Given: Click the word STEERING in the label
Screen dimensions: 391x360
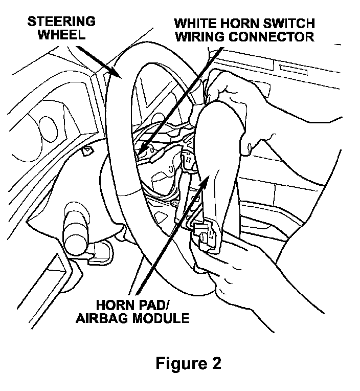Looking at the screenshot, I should (61, 21).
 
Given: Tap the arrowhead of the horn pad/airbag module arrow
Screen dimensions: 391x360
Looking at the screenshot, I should (207, 178).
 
